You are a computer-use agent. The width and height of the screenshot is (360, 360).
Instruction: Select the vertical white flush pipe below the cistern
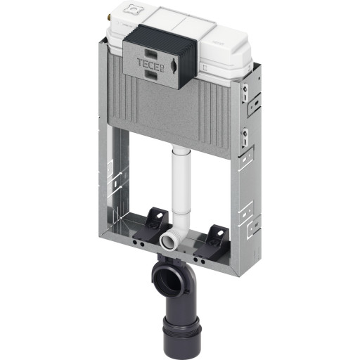[181, 183]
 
